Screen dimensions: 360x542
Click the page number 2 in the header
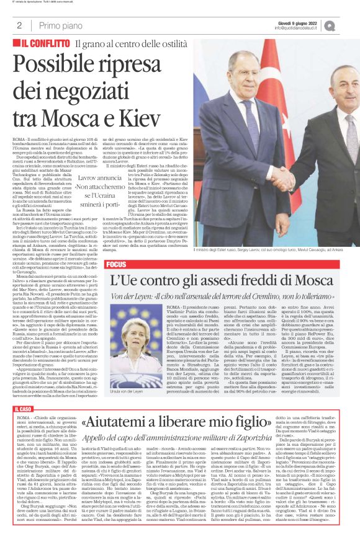point(20,25)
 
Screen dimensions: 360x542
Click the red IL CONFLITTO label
point(40,44)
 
